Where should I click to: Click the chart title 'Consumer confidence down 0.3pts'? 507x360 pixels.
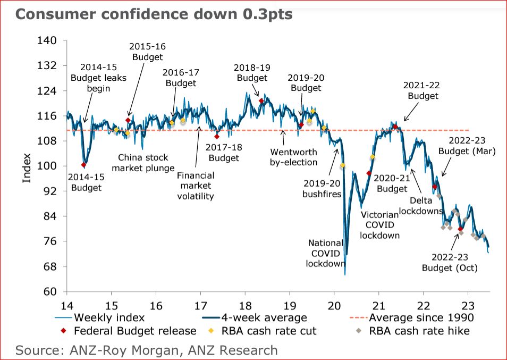click(x=154, y=14)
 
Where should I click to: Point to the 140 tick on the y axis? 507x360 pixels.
click(x=50, y=40)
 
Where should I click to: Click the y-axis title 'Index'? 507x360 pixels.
click(x=27, y=168)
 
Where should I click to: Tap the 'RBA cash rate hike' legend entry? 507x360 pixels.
click(x=420, y=331)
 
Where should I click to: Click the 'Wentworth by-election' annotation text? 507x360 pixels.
click(x=293, y=157)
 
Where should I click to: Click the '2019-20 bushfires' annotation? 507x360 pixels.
click(x=322, y=189)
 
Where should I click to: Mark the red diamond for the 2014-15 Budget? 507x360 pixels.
click(x=83, y=165)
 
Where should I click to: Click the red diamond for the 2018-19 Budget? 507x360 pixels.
click(x=261, y=101)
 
